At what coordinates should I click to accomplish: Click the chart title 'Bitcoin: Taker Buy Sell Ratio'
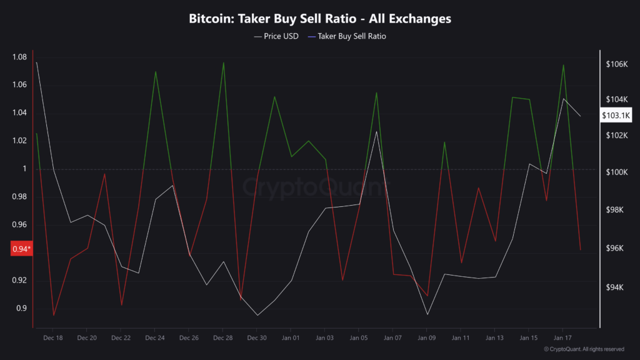pyautogui.click(x=320, y=19)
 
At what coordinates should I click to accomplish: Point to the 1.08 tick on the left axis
pyautogui.click(x=19, y=57)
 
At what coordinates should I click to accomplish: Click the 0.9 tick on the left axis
pyautogui.click(x=21, y=308)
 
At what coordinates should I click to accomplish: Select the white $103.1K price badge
pyautogui.click(x=616, y=116)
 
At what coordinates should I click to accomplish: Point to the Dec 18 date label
pyautogui.click(x=53, y=337)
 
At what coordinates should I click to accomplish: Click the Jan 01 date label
pyautogui.click(x=291, y=337)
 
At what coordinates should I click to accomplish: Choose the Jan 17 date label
pyautogui.click(x=562, y=337)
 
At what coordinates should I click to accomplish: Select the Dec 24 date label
pyautogui.click(x=154, y=337)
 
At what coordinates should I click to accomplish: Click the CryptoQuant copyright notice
pyautogui.click(x=584, y=349)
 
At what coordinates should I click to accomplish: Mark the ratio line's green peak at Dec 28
pyautogui.click(x=223, y=62)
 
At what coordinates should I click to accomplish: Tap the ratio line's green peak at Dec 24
pyautogui.click(x=155, y=71)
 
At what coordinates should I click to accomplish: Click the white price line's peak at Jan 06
pyautogui.click(x=376, y=131)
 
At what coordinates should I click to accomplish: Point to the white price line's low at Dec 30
pyautogui.click(x=257, y=315)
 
